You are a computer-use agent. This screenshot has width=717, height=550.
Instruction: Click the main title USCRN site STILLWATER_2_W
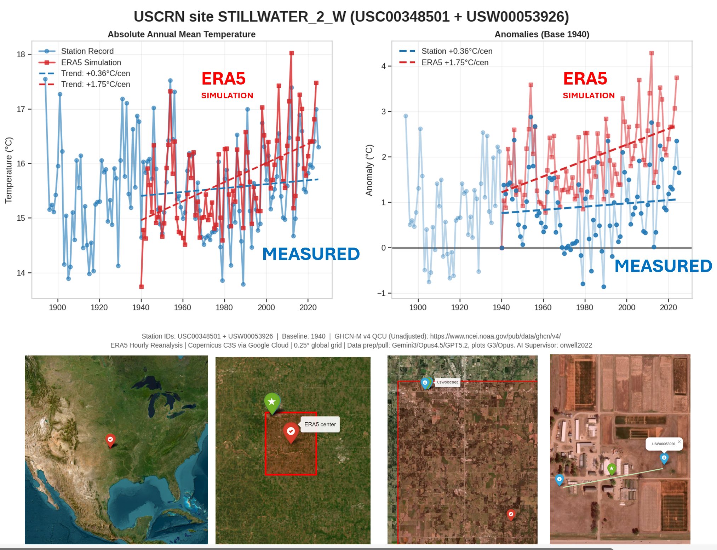coord(351,17)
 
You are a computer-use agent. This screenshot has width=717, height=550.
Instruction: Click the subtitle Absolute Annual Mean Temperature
coord(181,34)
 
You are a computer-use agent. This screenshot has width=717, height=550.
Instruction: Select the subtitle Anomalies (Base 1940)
coord(541,34)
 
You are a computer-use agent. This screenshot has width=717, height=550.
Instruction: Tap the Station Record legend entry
coord(87,51)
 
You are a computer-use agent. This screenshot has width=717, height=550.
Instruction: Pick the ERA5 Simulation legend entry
coord(91,62)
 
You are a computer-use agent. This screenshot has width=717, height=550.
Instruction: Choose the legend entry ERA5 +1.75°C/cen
coord(454,62)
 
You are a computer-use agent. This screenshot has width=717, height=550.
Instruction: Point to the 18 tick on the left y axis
coord(21,54)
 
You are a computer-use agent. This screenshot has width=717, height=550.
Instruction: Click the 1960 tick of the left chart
coord(182,307)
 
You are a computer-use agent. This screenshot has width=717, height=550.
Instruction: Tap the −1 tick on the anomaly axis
coord(381,293)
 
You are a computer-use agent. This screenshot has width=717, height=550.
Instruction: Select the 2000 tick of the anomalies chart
coord(626,307)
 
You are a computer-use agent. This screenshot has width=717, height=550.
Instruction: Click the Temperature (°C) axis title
coord(8,170)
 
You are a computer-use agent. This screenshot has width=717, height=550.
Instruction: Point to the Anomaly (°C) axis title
coord(369,170)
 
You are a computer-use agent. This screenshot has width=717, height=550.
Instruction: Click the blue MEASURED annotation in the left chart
coord(311,254)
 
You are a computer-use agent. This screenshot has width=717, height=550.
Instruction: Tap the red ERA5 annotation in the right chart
coord(585,79)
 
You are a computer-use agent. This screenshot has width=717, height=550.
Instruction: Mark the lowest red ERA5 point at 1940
coord(141,286)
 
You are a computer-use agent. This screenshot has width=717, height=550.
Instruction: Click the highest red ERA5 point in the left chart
coord(291,53)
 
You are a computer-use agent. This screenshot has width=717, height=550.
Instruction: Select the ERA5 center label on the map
coord(320,424)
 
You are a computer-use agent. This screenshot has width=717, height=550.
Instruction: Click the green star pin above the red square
coord(272,402)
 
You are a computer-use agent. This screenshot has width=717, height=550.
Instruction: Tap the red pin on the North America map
coord(110,440)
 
